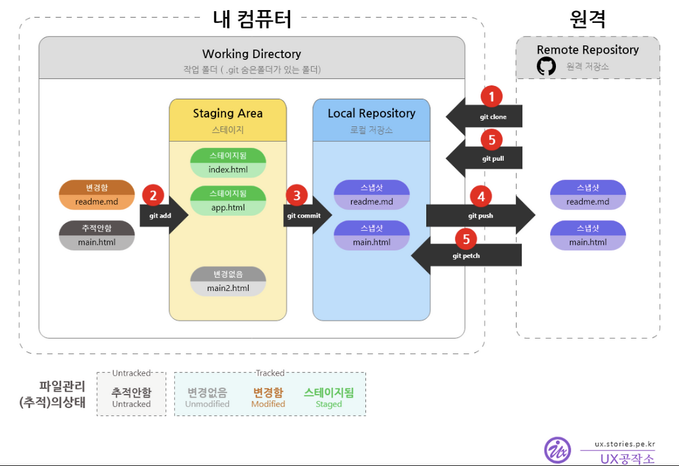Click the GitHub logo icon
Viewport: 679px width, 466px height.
(x=546, y=66)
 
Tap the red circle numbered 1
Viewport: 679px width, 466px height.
(x=492, y=97)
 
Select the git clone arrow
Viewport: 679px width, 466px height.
(x=485, y=116)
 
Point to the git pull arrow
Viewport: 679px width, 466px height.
(x=485, y=158)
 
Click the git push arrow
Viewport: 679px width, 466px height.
(x=481, y=215)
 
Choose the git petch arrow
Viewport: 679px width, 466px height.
(x=467, y=255)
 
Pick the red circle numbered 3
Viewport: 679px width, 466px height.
(x=297, y=195)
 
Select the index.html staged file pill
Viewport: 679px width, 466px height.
(x=228, y=162)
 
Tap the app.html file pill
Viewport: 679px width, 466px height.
(x=228, y=201)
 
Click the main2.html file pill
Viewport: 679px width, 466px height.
(x=228, y=281)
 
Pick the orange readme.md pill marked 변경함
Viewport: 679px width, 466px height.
(x=97, y=195)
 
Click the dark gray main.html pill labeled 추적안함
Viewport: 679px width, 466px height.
(x=97, y=235)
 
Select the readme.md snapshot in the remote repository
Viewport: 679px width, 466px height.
(x=588, y=195)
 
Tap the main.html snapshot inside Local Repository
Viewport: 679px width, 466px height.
(x=371, y=235)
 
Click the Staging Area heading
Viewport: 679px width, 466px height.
(x=228, y=113)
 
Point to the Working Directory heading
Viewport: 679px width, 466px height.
(x=251, y=54)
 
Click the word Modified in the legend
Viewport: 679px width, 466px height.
(x=268, y=404)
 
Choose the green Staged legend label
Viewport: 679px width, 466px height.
(x=328, y=404)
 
